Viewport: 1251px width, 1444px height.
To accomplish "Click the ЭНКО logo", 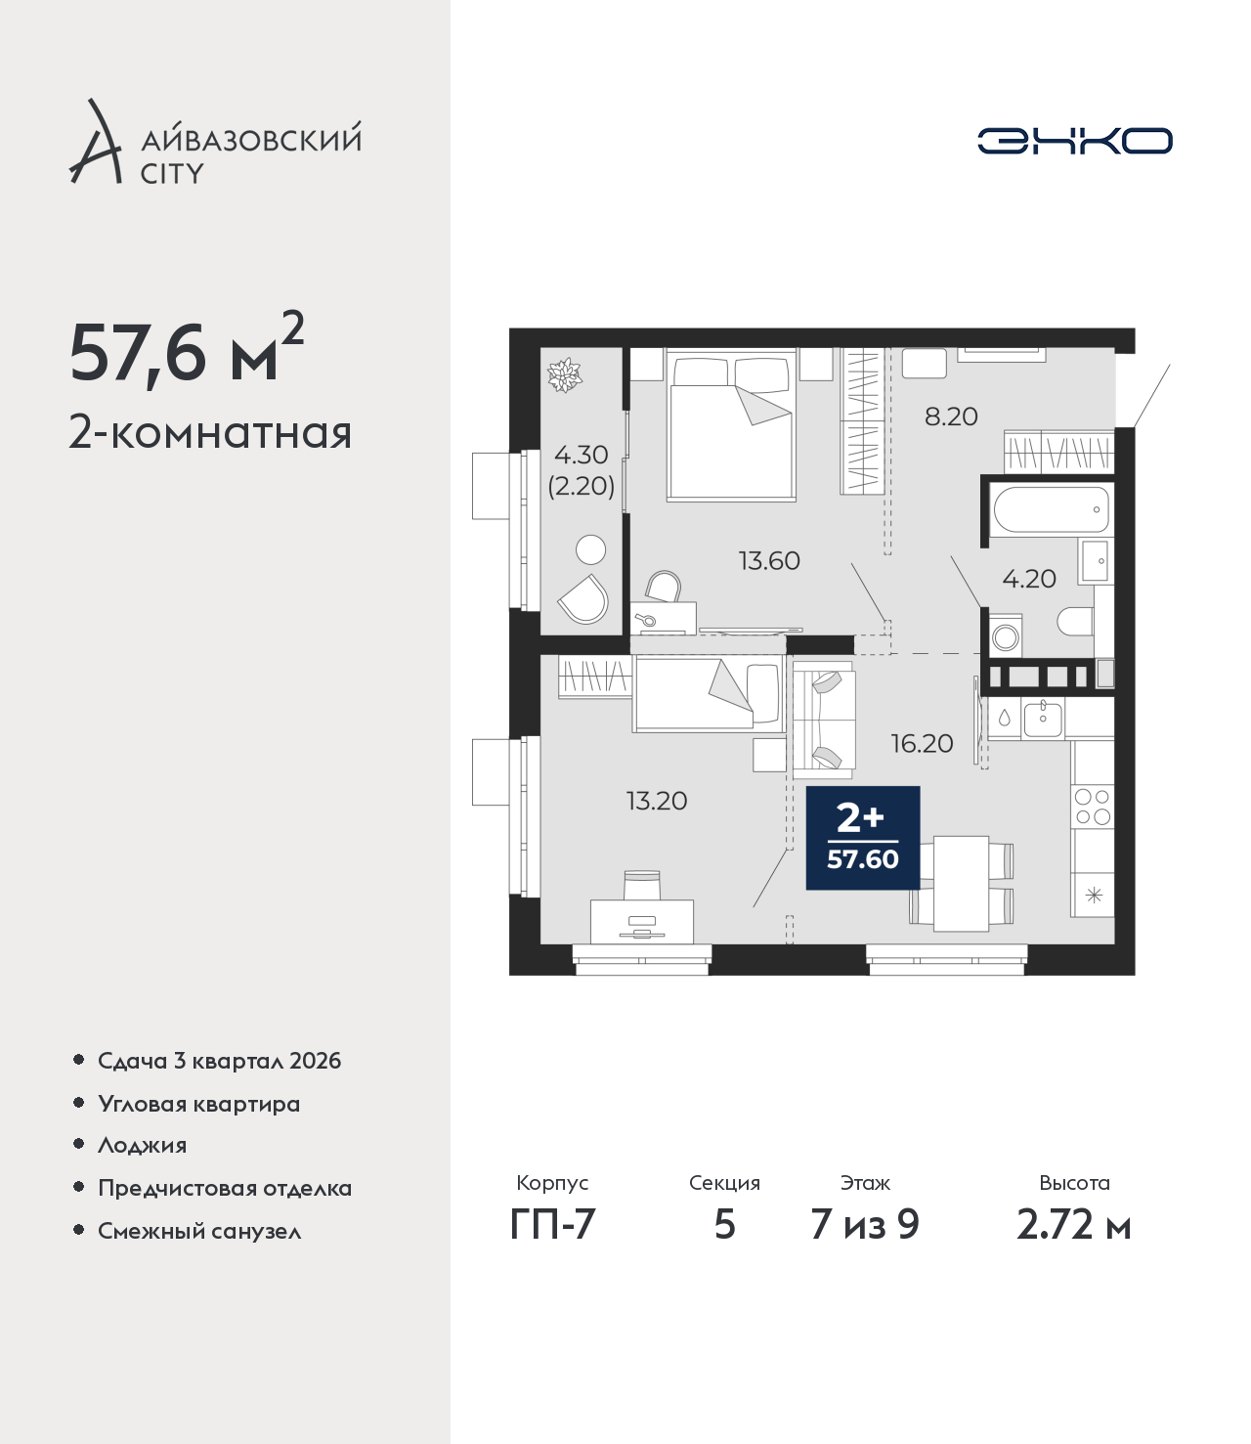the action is tap(1074, 141).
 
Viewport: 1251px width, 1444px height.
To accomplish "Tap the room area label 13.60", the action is tap(769, 560).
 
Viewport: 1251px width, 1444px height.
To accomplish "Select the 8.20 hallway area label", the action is tap(951, 416).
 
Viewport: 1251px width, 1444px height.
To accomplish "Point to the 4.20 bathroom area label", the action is tap(1029, 579).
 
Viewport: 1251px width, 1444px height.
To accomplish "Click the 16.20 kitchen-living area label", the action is tap(922, 743).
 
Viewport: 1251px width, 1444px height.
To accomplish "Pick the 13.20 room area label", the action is tap(657, 801).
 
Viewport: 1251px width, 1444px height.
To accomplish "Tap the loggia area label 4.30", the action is tap(582, 455).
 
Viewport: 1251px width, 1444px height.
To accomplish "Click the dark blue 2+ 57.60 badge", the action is tap(863, 838).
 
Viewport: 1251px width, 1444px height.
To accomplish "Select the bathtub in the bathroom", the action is tap(1052, 510).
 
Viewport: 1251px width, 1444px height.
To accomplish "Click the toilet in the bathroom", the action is tap(1075, 621).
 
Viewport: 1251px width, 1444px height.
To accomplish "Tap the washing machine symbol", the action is tap(1006, 636).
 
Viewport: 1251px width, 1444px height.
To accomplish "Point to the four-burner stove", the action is tap(1093, 807).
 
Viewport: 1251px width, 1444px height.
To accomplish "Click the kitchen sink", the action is tap(1043, 720).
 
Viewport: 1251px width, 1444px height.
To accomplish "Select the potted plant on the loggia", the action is tap(564, 375).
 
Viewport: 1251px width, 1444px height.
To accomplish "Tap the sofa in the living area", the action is tap(824, 720).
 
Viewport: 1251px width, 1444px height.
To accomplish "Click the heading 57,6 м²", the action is tap(187, 356).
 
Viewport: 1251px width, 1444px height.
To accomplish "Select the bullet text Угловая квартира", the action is tap(199, 1104).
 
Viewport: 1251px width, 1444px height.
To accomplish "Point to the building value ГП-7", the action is tap(552, 1224).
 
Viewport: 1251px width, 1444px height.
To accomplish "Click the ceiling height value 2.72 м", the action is tap(1073, 1224).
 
